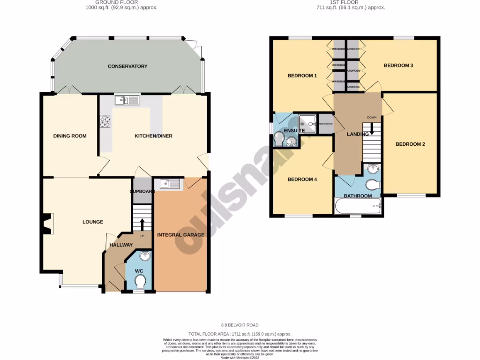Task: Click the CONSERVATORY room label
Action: pos(127,66)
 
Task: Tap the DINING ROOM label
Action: pos(70,136)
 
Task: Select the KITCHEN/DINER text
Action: pos(153,136)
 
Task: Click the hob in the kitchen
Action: pos(105,121)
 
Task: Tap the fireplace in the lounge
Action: pos(47,224)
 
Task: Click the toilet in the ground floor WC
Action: pos(140,282)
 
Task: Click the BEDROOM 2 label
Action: pos(410,144)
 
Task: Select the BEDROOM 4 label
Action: pos(302,179)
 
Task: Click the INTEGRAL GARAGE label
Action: pos(180,234)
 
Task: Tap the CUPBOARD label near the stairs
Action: pos(142,191)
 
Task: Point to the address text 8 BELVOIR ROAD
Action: pos(240,325)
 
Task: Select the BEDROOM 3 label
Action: pos(398,65)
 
